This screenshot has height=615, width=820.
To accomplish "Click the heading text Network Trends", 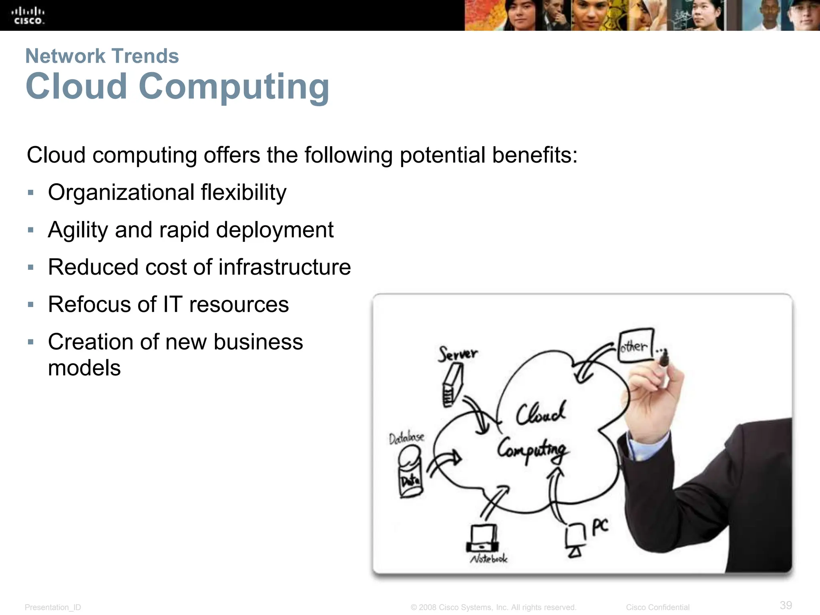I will coord(102,56).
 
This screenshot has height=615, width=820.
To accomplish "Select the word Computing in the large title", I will coord(234,86).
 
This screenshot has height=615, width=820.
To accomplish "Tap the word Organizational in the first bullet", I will coord(121,193).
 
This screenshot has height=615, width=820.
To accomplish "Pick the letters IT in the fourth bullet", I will coord(173,304).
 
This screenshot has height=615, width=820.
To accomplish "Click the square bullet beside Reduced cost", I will coord(31,267).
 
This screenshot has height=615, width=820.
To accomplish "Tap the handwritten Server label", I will coord(458,354).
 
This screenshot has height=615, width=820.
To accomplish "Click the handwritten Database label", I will coord(406,438).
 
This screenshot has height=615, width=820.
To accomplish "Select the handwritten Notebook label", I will coord(488,558).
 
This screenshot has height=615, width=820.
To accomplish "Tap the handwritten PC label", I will coord(600,527).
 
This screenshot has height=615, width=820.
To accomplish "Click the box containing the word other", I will coord(636,346).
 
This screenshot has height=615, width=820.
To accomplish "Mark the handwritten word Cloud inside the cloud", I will coord(541,414).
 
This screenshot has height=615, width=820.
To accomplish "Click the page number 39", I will coord(786,605).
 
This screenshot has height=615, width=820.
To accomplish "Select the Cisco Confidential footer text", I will coord(657,607).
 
